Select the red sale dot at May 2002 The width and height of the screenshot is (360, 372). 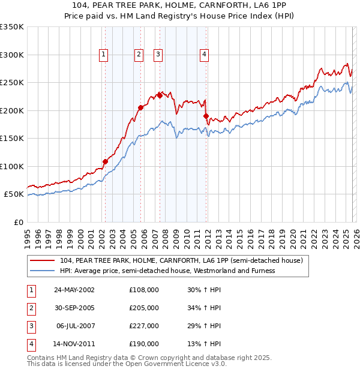click(105, 161)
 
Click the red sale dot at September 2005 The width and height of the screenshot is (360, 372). click(140, 107)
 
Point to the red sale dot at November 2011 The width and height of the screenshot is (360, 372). click(206, 116)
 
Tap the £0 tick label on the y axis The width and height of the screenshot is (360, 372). click(18, 223)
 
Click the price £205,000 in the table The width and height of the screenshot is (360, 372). click(144, 308)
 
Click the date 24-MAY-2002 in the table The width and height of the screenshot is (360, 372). click(74, 290)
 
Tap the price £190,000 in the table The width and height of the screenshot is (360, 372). click(144, 344)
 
